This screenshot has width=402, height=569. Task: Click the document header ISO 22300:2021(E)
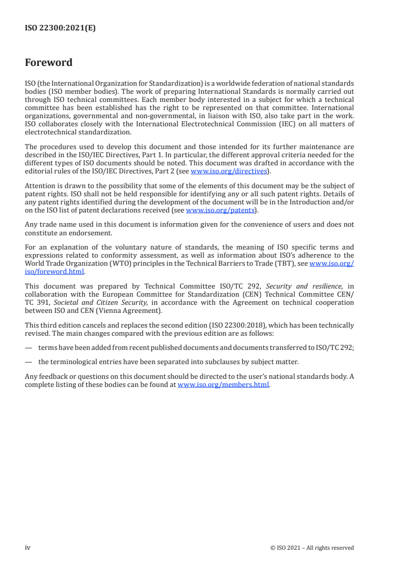pyautogui.click(x=60, y=28)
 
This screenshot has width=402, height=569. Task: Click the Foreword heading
pyautogui.click(x=49, y=63)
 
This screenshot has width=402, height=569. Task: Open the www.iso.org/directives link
pyautogui.click(x=228, y=171)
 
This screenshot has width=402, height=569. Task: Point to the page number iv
pyautogui.click(x=28, y=547)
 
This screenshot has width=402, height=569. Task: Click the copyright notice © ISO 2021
pyautogui.click(x=312, y=548)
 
